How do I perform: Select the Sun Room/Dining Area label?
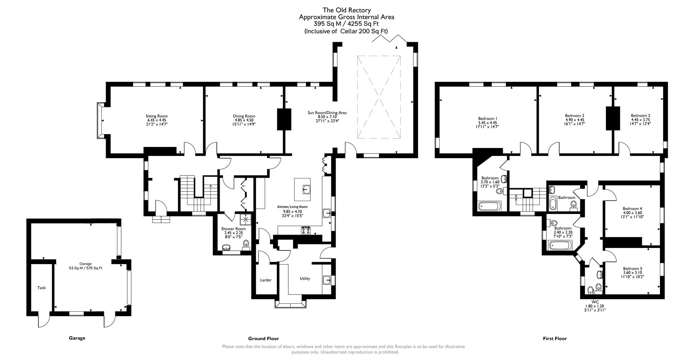tap(327, 113)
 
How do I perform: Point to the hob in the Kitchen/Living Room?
tap(306, 230)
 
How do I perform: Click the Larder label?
tap(266, 280)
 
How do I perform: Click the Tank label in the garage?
tap(41, 288)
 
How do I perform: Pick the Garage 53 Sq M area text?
tap(85, 268)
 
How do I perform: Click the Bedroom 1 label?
tap(488, 119)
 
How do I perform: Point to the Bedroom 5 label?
tap(633, 268)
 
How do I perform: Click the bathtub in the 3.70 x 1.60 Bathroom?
tap(489, 206)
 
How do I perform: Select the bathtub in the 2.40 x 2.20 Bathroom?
tap(559, 245)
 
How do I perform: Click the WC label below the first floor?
tap(595, 302)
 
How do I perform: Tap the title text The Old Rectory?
tap(346, 10)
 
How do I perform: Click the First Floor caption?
tap(555, 338)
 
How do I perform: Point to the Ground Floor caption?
tap(263, 338)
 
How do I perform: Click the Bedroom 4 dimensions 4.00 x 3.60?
tap(632, 213)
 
